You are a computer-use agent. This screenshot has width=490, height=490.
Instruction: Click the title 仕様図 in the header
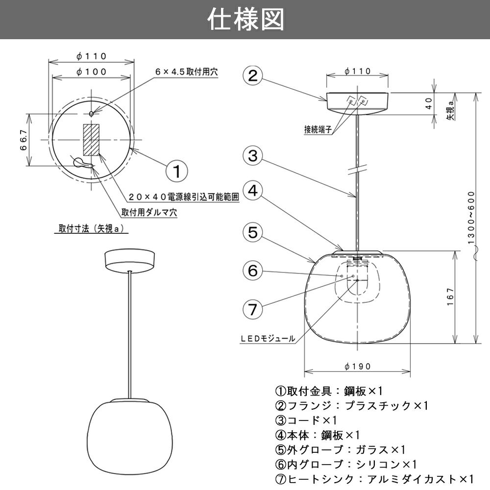coord(245,20)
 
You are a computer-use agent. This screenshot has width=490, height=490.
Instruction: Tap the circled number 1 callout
coord(177,171)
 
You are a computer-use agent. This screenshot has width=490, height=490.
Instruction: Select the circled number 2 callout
coord(252,76)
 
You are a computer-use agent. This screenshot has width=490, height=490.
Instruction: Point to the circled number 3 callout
coord(252,156)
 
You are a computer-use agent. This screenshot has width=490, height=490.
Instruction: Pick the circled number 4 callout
coord(252,192)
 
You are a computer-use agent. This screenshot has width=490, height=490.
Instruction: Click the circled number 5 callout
coord(252,232)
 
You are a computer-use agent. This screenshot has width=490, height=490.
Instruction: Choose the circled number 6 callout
coord(252,270)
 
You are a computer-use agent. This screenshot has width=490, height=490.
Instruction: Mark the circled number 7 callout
coord(252,309)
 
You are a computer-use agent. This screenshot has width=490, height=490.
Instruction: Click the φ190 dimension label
coord(357,366)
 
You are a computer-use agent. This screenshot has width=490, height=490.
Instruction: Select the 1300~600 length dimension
coord(471,218)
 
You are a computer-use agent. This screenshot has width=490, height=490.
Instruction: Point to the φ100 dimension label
coord(92,72)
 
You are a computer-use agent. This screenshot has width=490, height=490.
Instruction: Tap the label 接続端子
coord(318,130)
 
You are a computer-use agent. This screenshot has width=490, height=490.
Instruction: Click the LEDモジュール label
coord(268,338)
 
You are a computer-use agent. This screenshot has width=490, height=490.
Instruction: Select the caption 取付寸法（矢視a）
coord(91,228)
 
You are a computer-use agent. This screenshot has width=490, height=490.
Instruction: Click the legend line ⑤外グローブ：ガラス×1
coord(341,449)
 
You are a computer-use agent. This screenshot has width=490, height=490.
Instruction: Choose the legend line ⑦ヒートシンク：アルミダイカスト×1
coord(375,479)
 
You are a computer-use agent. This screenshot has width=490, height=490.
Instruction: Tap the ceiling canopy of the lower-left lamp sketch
coord(129,259)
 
